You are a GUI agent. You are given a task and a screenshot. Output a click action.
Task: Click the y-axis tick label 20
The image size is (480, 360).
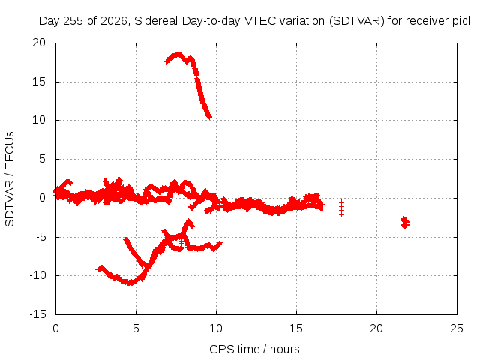click(x=39, y=43)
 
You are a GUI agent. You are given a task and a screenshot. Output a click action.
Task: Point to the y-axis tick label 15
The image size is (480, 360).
click(x=39, y=82)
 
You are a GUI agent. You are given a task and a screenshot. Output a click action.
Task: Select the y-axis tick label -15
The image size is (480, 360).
click(x=38, y=314)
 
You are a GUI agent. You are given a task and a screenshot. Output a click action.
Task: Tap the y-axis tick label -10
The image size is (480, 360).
click(x=38, y=275)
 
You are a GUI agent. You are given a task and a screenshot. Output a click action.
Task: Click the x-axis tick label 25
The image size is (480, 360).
click(x=457, y=328)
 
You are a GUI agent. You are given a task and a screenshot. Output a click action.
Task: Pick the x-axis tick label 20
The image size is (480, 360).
click(x=376, y=328)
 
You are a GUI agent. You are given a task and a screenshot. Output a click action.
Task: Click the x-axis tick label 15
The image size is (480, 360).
click(x=296, y=328)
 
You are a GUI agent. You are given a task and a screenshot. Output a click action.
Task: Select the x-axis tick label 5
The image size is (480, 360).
click(x=136, y=328)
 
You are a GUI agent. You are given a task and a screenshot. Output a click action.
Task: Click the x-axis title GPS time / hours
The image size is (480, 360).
click(x=254, y=349)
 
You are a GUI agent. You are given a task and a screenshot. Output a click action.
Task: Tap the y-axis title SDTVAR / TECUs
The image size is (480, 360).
click(x=10, y=179)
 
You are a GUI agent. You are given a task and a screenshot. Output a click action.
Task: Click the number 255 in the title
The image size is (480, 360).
click(x=73, y=21)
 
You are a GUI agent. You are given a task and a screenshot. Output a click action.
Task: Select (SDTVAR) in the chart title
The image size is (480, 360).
click(x=357, y=21)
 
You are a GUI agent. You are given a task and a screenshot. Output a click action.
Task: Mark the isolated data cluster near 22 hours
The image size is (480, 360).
click(x=405, y=222)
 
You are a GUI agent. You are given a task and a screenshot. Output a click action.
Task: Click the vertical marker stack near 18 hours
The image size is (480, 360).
click(x=342, y=208)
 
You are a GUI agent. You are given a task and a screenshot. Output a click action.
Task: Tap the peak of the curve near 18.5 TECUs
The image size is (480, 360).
click(x=178, y=55)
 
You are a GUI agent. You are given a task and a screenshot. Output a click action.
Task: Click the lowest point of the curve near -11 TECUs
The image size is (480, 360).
click(x=130, y=283)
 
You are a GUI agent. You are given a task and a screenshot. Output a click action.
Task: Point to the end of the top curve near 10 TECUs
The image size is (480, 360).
click(x=209, y=117)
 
